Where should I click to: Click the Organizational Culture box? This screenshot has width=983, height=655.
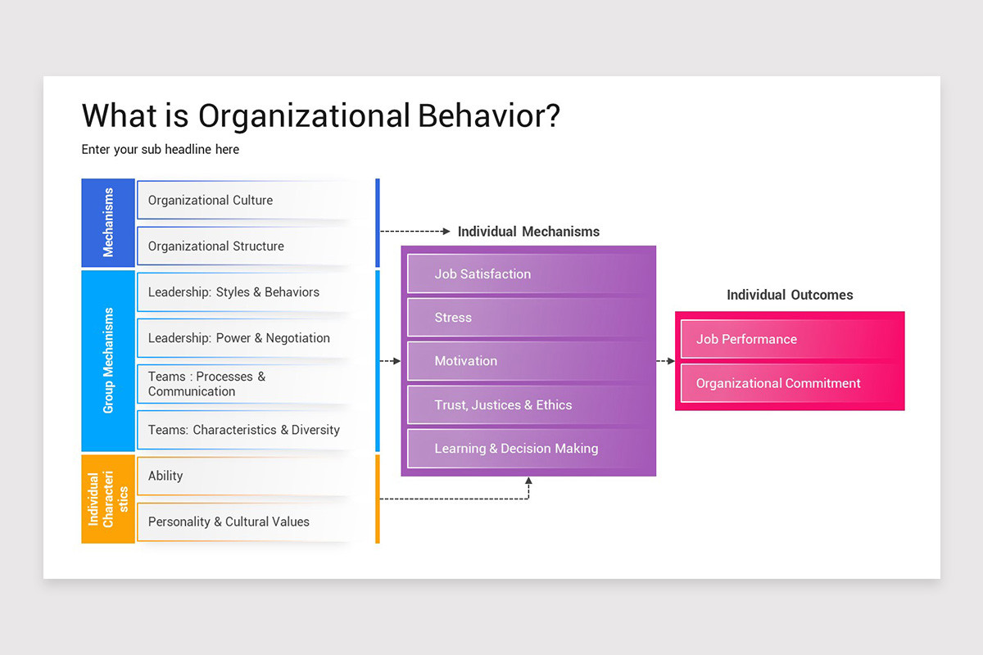(x=246, y=201)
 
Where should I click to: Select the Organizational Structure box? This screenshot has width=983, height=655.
(x=246, y=246)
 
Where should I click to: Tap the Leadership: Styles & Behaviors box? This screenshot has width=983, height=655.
(x=246, y=292)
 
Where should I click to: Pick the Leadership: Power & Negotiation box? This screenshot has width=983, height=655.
(x=246, y=338)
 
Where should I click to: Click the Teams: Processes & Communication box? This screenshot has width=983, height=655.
(x=246, y=384)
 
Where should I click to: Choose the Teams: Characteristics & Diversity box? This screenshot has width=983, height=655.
(x=246, y=430)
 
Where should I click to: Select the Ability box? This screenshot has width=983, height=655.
(x=246, y=476)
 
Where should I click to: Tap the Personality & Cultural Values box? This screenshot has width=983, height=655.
(x=246, y=522)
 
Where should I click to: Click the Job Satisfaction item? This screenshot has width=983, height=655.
(x=528, y=274)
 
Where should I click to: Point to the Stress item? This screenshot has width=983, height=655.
(x=528, y=318)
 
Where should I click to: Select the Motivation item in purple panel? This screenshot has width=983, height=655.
(x=528, y=361)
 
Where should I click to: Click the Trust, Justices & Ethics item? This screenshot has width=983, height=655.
(x=528, y=405)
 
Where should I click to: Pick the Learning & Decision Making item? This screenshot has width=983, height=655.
(x=528, y=449)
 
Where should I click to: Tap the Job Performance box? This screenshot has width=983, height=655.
(x=790, y=339)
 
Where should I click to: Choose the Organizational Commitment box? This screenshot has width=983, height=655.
(x=790, y=383)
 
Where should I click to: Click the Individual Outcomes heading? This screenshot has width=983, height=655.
(x=790, y=295)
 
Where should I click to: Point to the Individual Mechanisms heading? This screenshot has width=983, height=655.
(x=528, y=232)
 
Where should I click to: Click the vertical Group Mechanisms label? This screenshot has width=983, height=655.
(x=108, y=360)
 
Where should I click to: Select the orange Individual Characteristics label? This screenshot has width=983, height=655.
(x=108, y=499)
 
